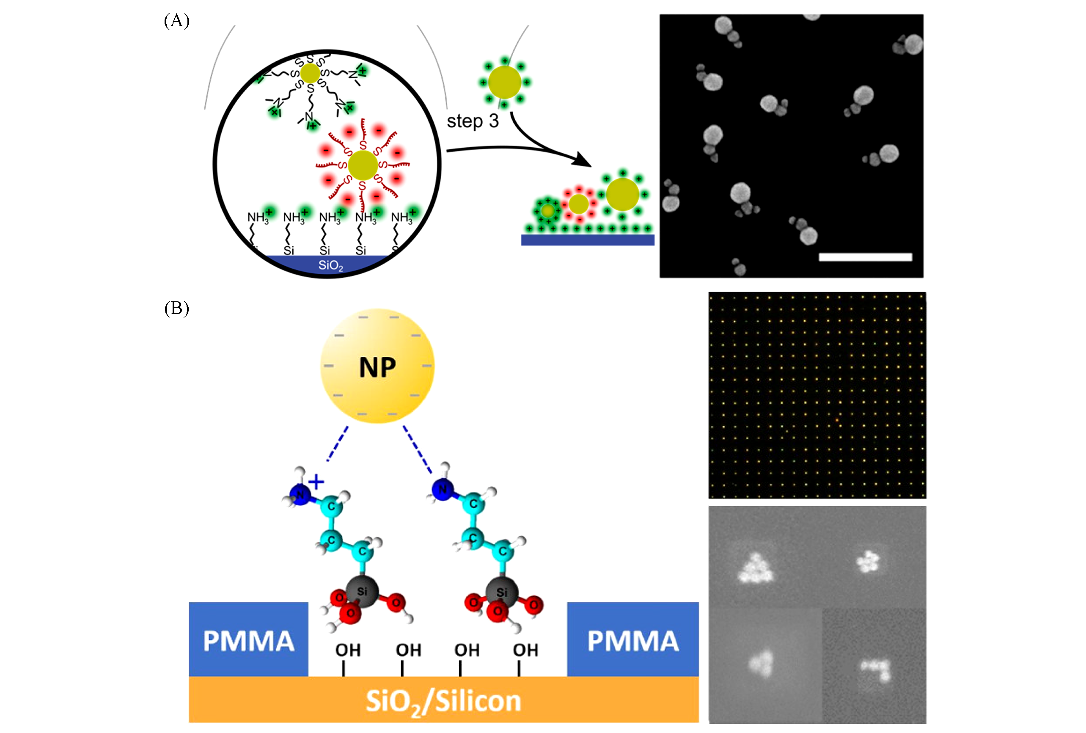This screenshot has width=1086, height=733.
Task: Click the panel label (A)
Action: tap(177, 21)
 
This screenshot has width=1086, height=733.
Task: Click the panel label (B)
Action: tap(177, 309)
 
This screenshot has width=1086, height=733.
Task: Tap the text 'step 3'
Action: tap(473, 121)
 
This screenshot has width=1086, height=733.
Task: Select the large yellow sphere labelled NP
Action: tap(377, 366)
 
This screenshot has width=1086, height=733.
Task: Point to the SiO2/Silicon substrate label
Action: tap(443, 701)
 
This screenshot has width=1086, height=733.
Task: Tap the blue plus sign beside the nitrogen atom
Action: tap(316, 482)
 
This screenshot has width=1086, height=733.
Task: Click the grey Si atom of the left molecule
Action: tap(362, 592)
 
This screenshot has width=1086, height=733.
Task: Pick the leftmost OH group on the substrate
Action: tap(348, 650)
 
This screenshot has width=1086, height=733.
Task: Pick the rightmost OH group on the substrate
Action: tap(526, 650)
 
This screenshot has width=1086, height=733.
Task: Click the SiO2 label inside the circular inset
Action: tap(330, 265)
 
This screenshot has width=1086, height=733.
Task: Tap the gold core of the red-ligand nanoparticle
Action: tap(363, 165)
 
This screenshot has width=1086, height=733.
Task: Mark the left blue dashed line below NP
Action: tap(338, 443)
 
